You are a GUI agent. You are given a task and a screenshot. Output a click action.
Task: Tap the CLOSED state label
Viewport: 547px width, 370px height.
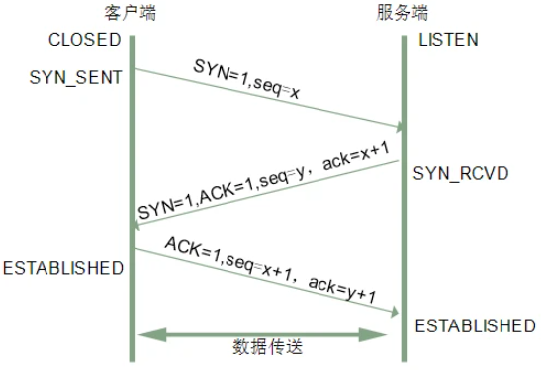tap(84, 41)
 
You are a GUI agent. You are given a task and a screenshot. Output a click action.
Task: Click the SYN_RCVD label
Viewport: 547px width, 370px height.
tap(461, 173)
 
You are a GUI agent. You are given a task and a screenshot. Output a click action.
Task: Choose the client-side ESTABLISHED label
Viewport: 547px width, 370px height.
tap(62, 268)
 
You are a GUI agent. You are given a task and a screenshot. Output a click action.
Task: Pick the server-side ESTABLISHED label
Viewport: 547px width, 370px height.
tap(475, 325)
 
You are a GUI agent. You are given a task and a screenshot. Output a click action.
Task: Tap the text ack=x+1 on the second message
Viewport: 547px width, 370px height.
tap(353, 157)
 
